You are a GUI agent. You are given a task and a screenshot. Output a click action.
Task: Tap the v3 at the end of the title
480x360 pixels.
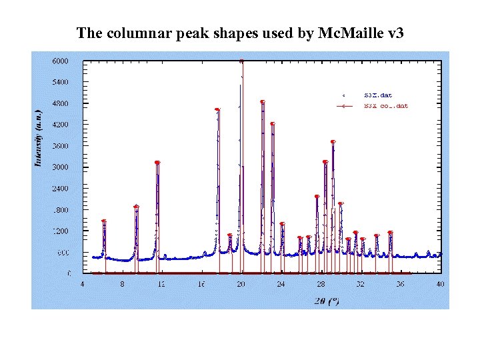coord(395,33)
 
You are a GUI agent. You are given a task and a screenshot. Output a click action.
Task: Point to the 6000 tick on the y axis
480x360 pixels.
coord(60,61)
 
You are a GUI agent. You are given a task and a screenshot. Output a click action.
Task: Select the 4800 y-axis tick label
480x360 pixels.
coord(60,103)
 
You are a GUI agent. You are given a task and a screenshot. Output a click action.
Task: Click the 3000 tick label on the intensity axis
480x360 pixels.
coord(60,167)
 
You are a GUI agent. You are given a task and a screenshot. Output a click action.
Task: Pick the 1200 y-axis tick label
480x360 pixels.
coord(60,231)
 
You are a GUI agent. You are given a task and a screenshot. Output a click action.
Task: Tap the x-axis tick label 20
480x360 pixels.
coord(241,284)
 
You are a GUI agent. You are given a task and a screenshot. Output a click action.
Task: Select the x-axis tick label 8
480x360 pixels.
coord(122,284)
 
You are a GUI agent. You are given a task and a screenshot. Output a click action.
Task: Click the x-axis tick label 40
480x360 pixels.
coord(440,284)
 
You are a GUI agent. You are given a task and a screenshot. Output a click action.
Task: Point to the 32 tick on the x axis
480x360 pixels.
coord(361,284)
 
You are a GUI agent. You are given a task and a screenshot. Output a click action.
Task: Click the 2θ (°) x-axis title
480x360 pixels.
coord(327,301)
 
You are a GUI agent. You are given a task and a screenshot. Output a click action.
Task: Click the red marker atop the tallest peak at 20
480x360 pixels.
coord(241,61)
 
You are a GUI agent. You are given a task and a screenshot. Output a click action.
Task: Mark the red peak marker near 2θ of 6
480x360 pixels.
coord(104,221)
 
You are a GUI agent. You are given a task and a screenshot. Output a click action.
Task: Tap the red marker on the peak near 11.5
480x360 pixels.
coord(157,163)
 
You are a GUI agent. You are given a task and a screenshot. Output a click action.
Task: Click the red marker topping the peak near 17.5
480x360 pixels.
coord(217,110)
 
